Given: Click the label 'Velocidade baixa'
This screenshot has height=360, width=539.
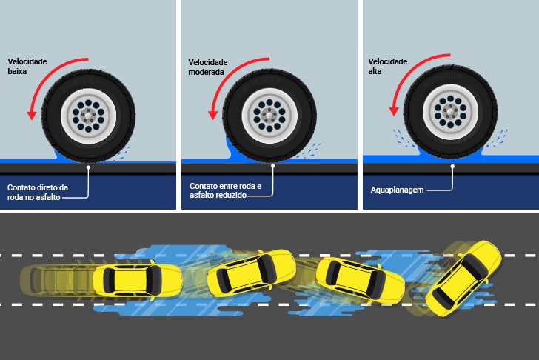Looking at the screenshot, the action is tap(27, 67).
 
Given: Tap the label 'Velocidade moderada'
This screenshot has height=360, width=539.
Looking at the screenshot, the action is tap(207, 67).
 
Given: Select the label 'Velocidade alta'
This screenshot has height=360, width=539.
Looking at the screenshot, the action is tap(388, 67).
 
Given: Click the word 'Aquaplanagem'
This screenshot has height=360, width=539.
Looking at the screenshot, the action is tap(397, 190).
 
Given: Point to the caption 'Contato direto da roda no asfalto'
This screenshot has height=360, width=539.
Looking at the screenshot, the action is tap(38, 192).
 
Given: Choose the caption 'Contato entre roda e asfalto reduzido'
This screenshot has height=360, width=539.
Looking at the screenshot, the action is tap(225, 190).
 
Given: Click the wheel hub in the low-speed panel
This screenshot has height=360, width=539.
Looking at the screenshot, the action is tap(88, 116).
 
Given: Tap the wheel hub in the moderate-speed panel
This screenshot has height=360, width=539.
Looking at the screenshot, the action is tap(269, 116).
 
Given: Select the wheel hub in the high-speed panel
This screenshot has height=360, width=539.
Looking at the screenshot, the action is tap(450, 112).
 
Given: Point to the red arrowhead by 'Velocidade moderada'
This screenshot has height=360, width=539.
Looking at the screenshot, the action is tap(212, 115).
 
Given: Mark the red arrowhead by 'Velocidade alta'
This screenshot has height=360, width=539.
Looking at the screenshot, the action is tap(394, 111).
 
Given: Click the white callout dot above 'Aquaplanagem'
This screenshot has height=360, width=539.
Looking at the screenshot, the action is tap(452, 167).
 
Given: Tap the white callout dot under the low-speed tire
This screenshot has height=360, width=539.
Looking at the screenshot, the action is tap(88, 167).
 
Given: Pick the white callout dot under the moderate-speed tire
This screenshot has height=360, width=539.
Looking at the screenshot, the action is tap(273, 166).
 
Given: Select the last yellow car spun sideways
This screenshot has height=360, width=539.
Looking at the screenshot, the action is tap(463, 279).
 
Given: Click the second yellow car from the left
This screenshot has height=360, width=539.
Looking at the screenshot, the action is tap(251, 273).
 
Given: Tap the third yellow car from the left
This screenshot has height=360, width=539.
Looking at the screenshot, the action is tap(361, 281).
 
